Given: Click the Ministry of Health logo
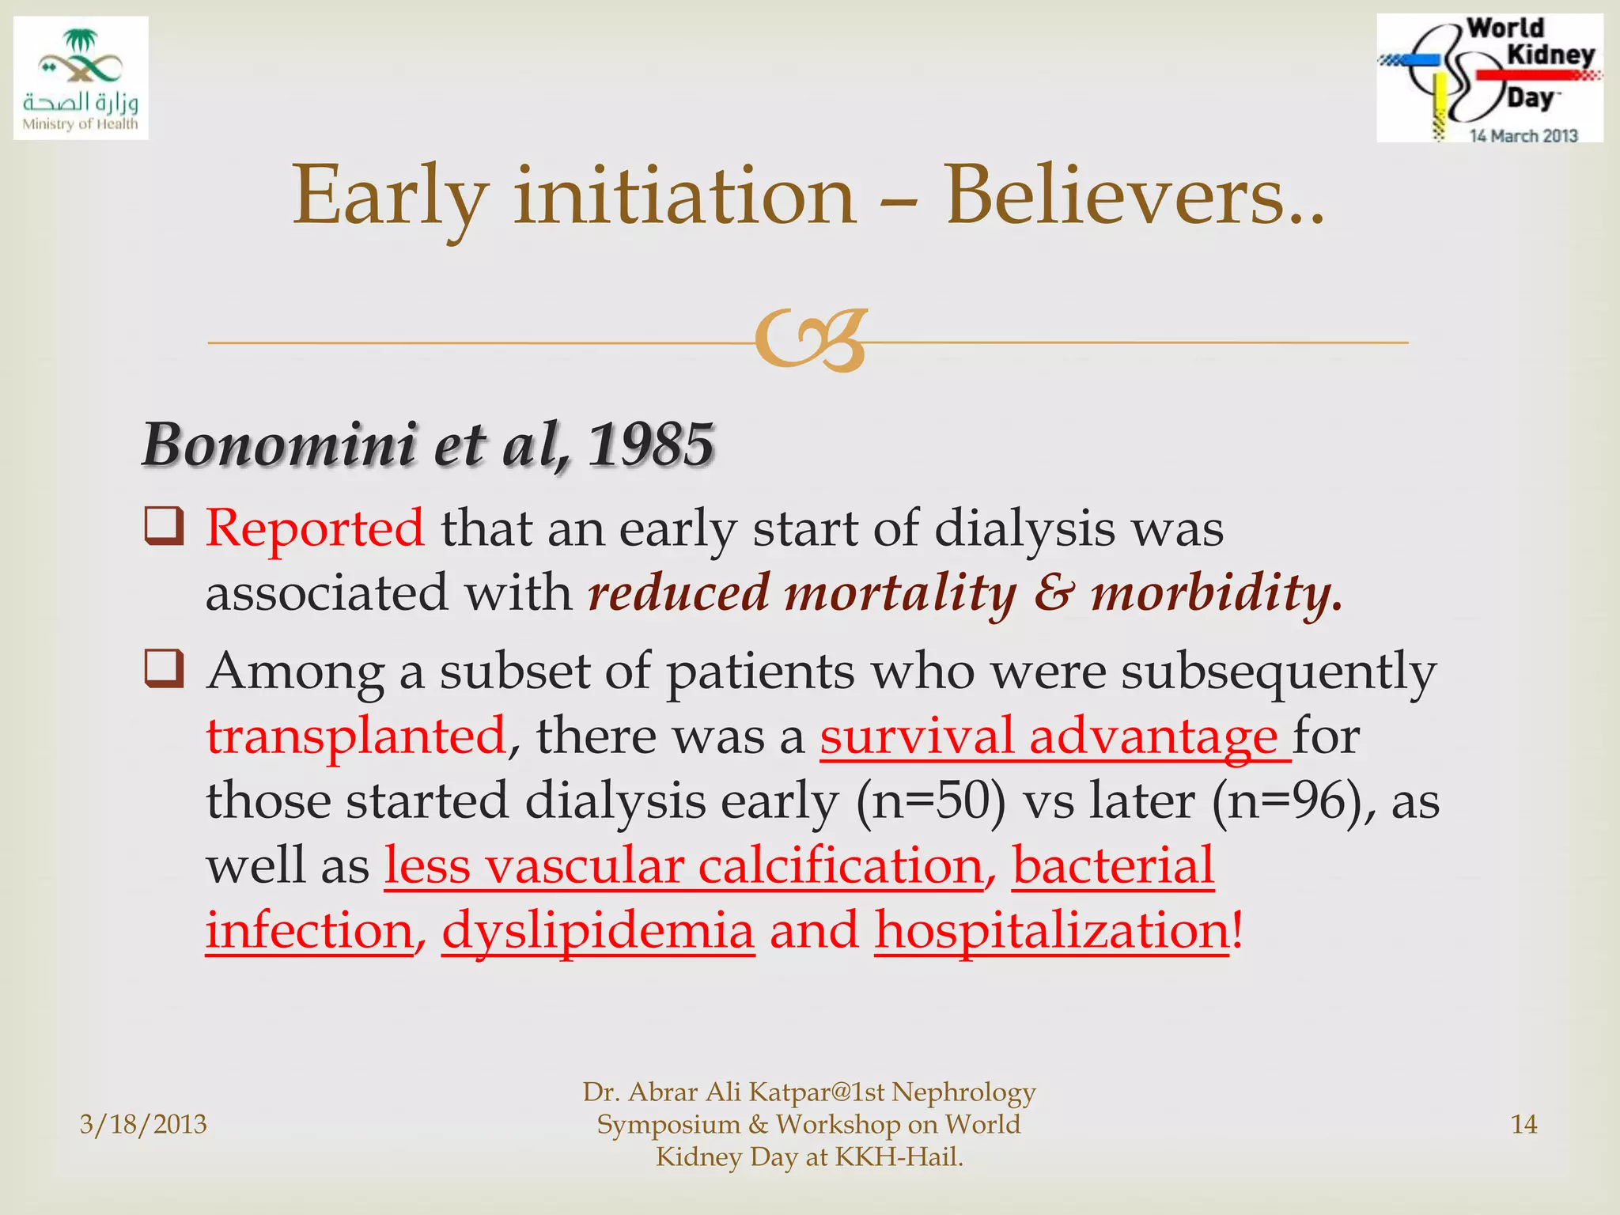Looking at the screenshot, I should pyautogui.click(x=81, y=78).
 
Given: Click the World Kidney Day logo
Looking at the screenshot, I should pyautogui.click(x=1489, y=78).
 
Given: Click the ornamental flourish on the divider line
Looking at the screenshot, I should pyautogui.click(x=811, y=341).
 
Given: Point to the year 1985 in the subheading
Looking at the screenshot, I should pyautogui.click(x=650, y=445).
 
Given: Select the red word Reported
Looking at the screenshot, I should pyautogui.click(x=315, y=528).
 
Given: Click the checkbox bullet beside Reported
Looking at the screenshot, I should pyautogui.click(x=164, y=527).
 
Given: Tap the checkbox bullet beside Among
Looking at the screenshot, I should pyautogui.click(x=164, y=669).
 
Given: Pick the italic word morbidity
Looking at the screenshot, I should pyautogui.click(x=1215, y=593).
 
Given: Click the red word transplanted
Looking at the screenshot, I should pyautogui.click(x=356, y=736).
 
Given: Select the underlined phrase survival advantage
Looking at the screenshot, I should pyautogui.click(x=1049, y=736).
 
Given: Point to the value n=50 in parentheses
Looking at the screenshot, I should pyautogui.click(x=932, y=801).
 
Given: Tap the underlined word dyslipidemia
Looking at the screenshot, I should pyautogui.click(x=598, y=931).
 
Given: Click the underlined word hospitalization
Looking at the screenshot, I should pyautogui.click(x=1052, y=931).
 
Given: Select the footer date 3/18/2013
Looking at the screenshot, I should pyautogui.click(x=143, y=1124).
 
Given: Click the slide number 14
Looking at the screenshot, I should pyautogui.click(x=1523, y=1124).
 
